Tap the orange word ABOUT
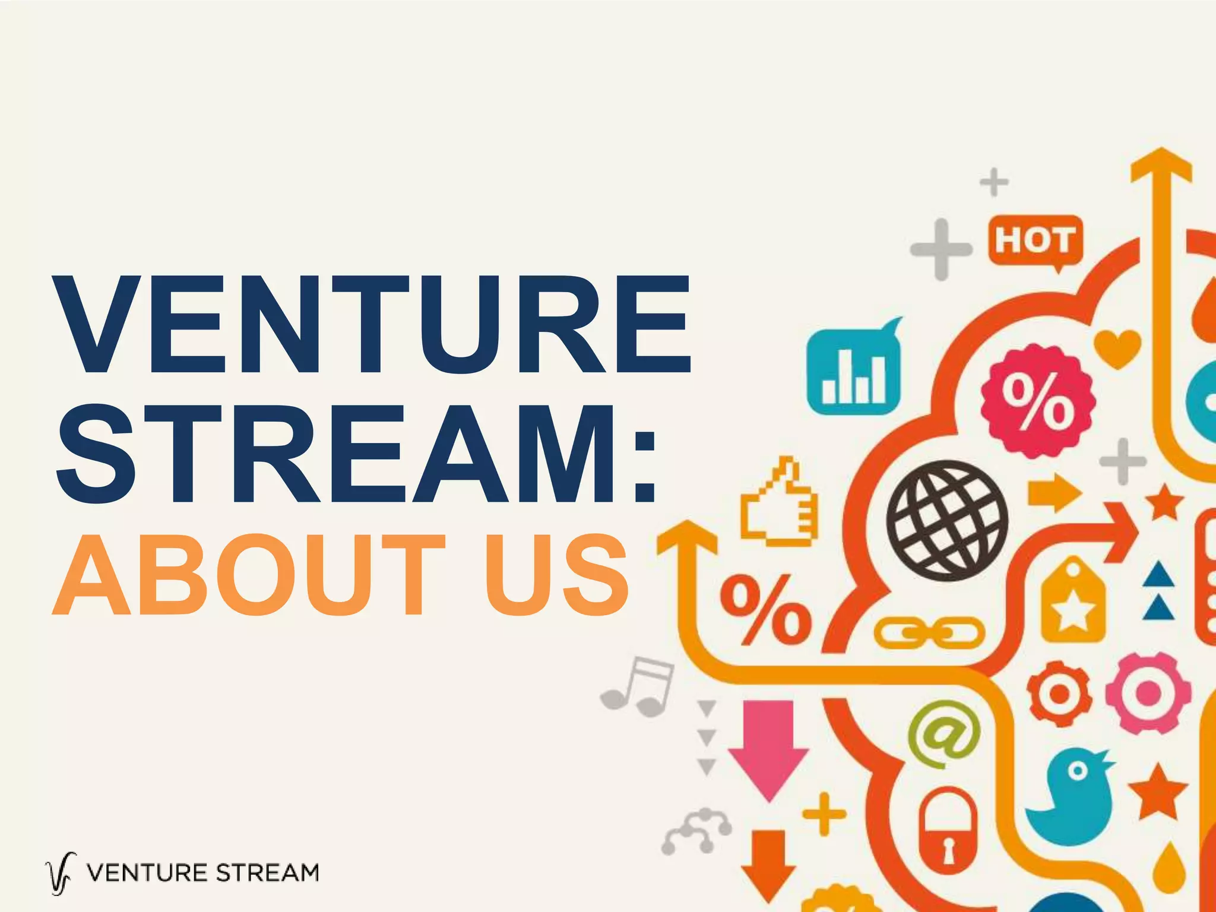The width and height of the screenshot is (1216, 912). [x=249, y=575]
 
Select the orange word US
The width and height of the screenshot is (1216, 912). [x=555, y=575]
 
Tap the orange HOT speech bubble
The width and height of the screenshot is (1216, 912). [x=1035, y=240]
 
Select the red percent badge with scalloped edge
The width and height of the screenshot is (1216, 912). [x=1038, y=401]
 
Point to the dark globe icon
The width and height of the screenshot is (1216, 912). [x=946, y=520]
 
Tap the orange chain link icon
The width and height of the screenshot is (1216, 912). [x=929, y=633]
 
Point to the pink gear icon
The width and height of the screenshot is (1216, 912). [x=1148, y=692]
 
